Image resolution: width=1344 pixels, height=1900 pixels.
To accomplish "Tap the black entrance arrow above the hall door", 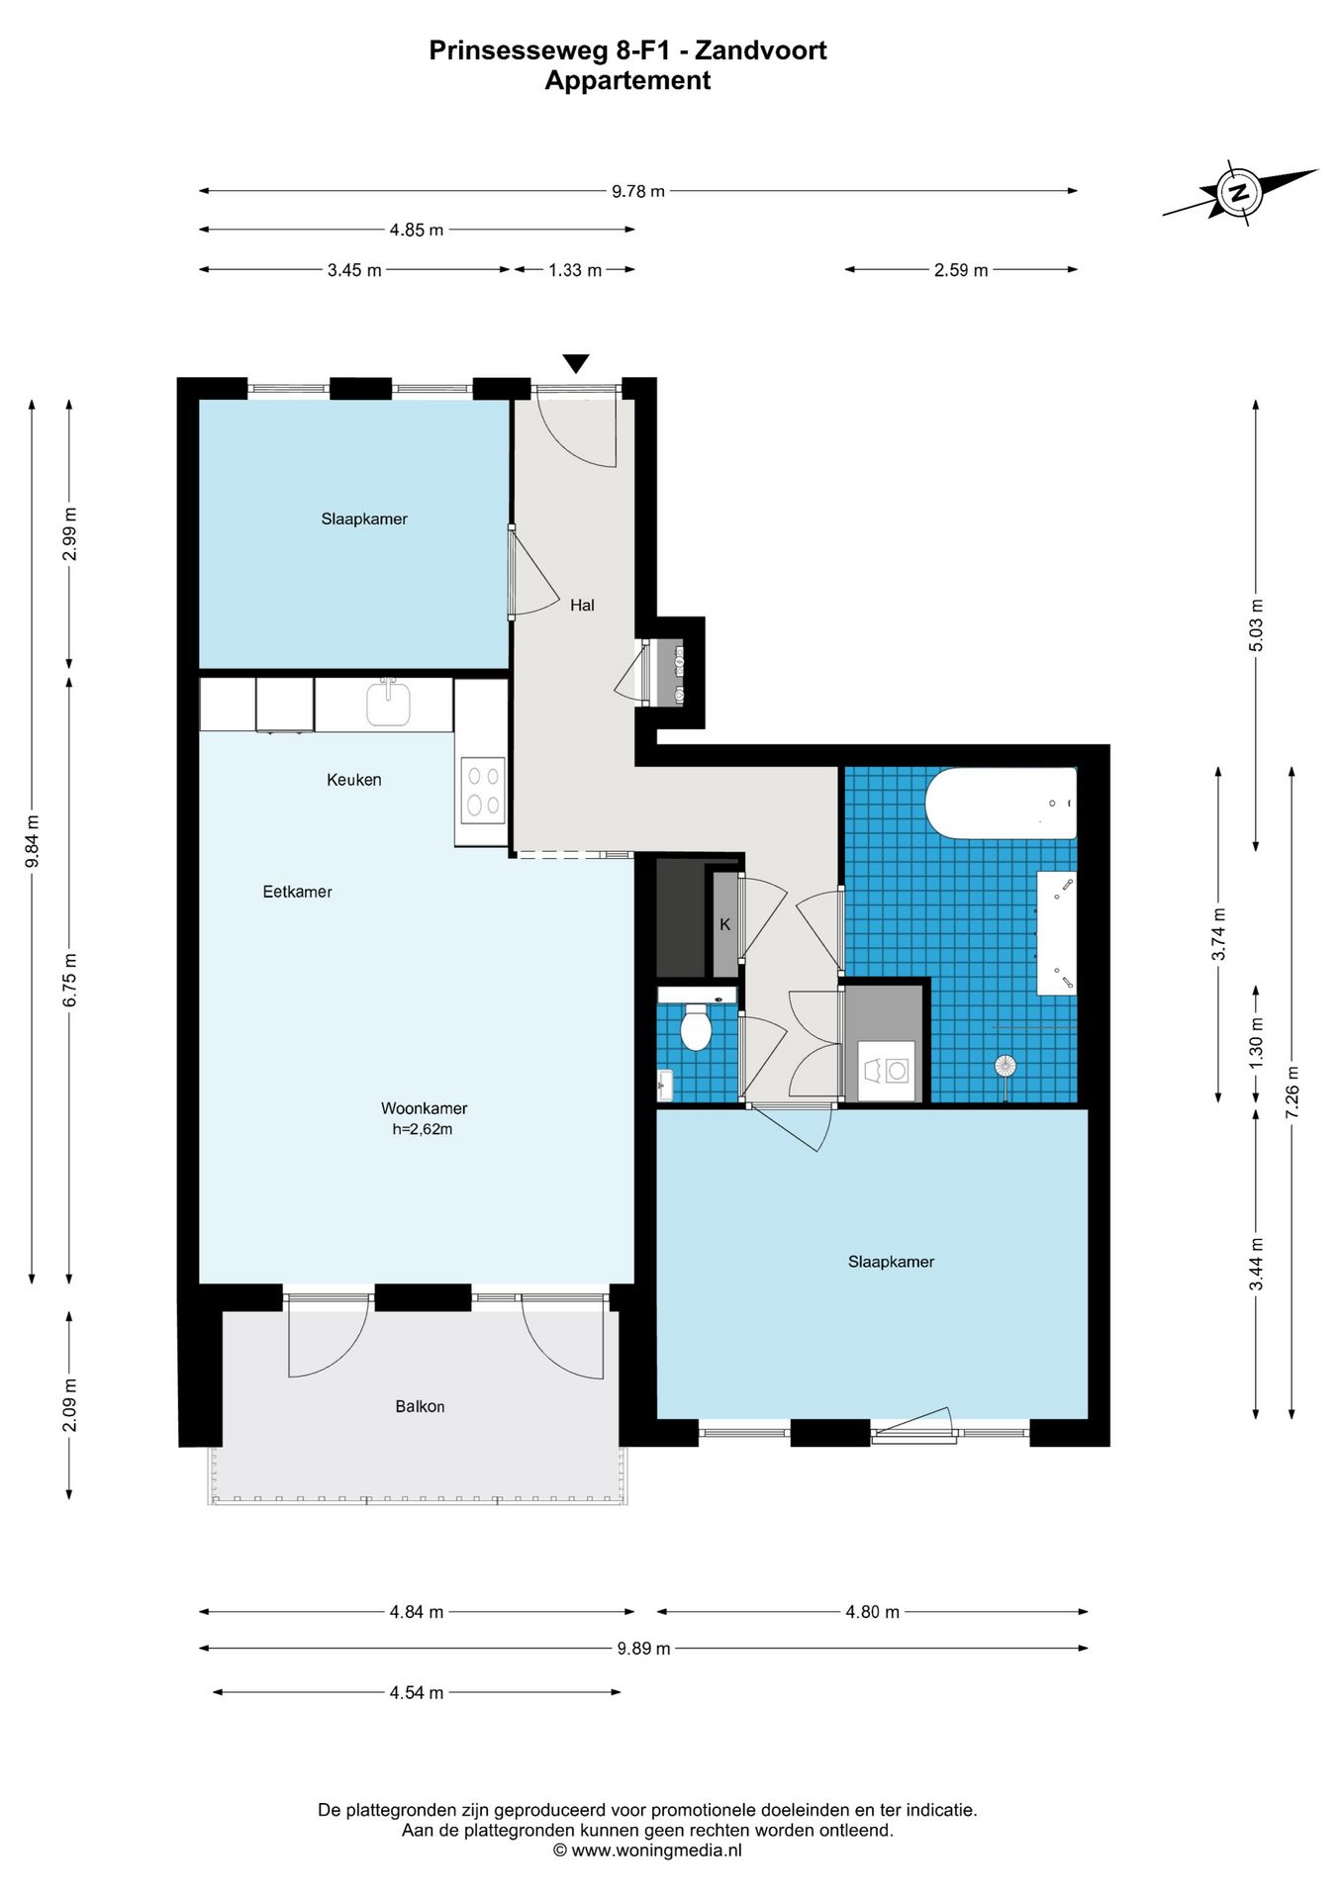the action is pos(575,363).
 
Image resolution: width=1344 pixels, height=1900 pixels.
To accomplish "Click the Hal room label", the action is pos(582,605).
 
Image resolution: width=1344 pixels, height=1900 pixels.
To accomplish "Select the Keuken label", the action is pos(353,780).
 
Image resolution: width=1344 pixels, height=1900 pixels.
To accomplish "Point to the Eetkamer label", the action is pos(297,892).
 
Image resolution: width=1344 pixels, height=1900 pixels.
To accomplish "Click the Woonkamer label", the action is pos(424,1108).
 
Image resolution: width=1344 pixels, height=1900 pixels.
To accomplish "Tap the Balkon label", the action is pos(420,1406).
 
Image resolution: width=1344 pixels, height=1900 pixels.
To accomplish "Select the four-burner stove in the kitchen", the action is pos(483,791).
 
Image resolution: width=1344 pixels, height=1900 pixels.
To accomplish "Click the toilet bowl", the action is pos(697,1028).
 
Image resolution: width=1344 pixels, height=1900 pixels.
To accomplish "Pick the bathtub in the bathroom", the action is pos(1001,804).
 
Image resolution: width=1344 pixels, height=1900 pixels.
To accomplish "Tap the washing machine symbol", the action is pos(887,1071).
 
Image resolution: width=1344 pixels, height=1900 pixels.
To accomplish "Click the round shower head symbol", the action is pos(1006,1066).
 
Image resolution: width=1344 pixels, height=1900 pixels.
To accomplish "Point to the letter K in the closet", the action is pos(725,924).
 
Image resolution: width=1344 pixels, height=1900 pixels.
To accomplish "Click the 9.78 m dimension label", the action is pos(638,191).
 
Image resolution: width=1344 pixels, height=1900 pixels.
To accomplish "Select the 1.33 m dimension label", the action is pos(575,270).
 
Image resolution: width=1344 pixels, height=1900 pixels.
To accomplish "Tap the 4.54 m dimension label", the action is pos(417,1692).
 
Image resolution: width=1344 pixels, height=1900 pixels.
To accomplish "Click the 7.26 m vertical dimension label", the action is pos(1292,1092).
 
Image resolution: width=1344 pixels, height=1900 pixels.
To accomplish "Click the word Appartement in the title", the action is pos(627,80).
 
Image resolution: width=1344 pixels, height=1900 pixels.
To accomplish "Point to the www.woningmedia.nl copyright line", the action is pos(647,1850).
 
